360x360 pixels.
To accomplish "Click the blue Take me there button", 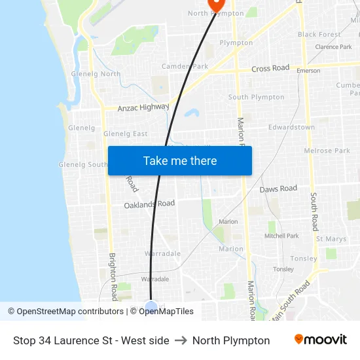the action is click(179, 160).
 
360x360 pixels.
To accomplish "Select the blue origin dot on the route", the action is click(151, 306).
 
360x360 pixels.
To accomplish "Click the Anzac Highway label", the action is click(143, 107).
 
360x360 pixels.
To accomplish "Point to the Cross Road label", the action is click(270, 69).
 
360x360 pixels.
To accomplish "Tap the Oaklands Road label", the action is click(149, 204).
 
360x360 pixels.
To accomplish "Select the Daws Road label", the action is click(278, 189).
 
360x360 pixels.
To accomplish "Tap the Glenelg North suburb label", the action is click(96, 74).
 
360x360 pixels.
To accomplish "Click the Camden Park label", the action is click(185, 66).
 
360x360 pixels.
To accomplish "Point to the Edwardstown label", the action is click(291, 127).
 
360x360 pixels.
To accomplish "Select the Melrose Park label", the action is click(327, 151).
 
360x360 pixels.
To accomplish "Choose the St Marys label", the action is click(331, 239).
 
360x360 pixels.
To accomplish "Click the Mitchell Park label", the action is click(282, 236).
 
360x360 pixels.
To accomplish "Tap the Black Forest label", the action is click(319, 35).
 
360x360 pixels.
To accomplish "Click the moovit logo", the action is click(321, 340).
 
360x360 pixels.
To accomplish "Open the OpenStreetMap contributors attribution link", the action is click(66, 312).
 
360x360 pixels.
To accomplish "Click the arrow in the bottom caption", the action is click(181, 340).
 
